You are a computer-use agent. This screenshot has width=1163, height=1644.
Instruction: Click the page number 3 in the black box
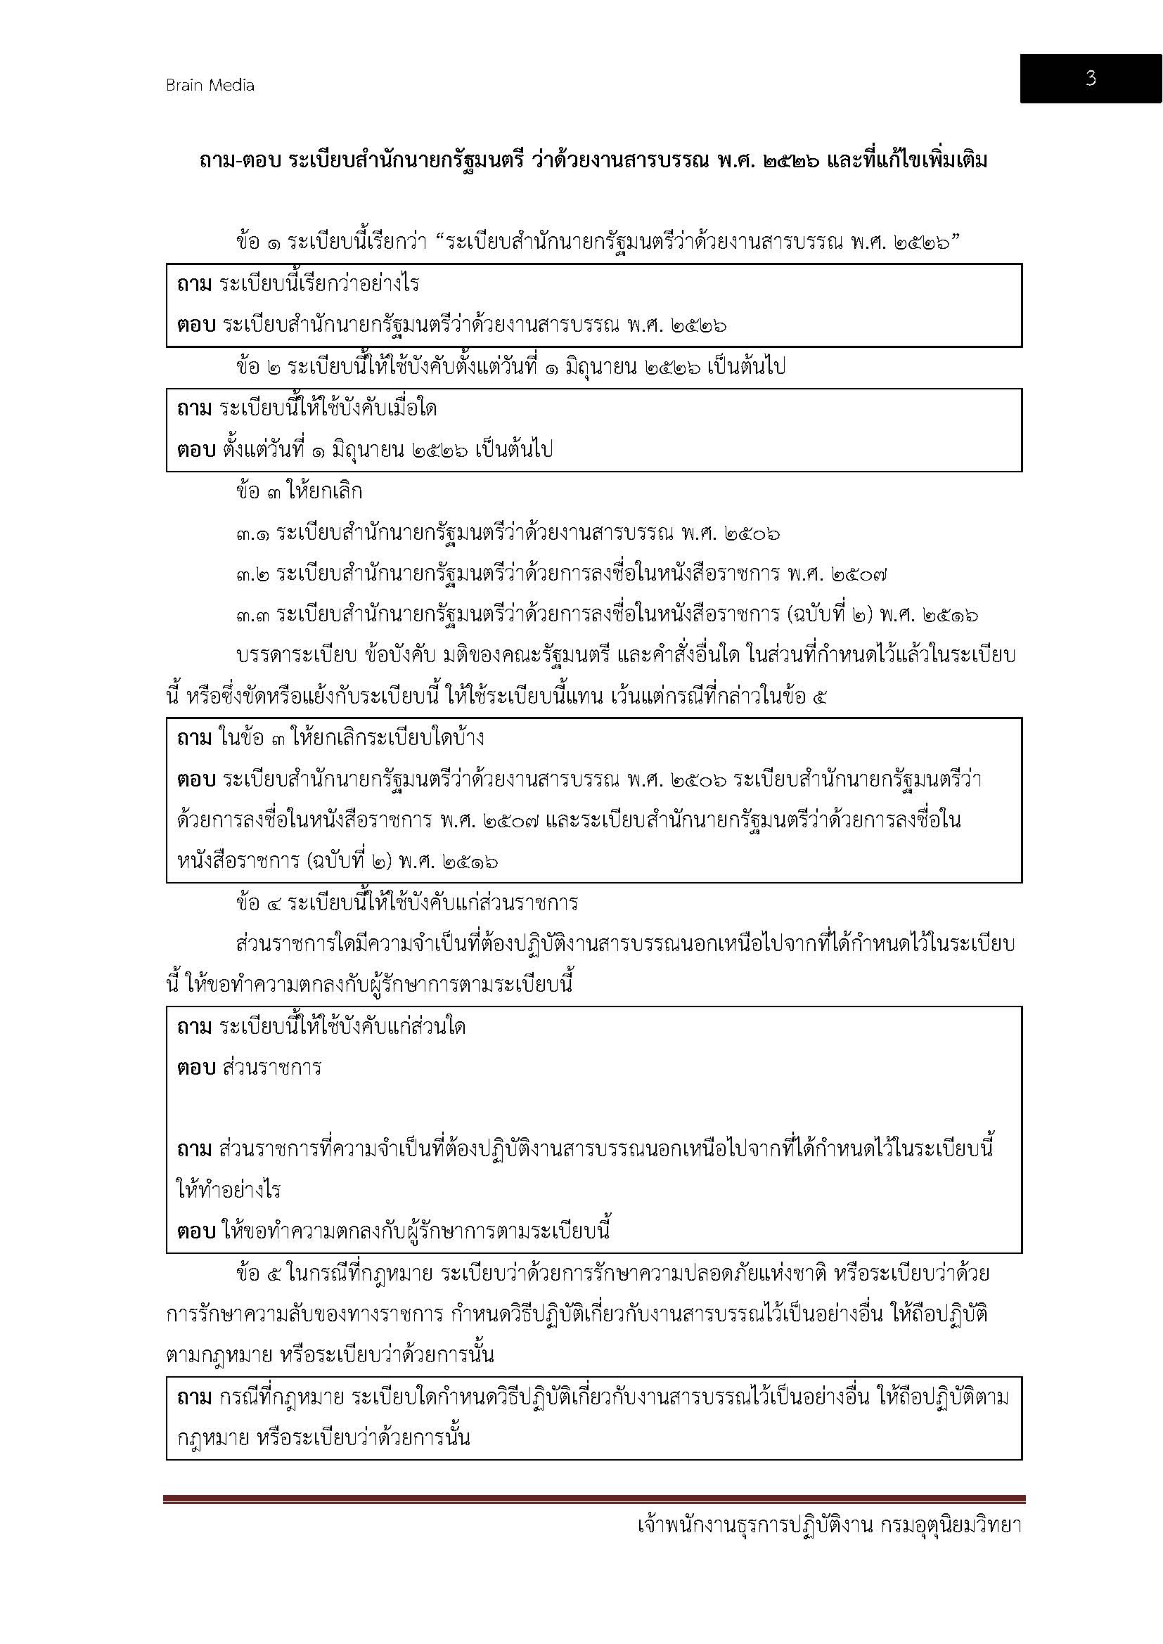tap(1090, 78)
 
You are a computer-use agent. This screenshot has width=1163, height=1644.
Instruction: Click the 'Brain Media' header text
tap(210, 85)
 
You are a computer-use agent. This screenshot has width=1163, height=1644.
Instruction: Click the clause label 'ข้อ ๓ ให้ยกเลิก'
tap(299, 491)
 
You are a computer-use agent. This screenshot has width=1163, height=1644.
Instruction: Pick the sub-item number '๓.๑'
tap(253, 533)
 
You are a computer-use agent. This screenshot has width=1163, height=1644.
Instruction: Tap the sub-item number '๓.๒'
tap(253, 574)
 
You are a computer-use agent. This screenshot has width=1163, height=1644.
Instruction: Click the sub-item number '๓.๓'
tap(253, 614)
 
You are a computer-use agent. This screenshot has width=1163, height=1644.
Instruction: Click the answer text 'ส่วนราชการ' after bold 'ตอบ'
tap(272, 1068)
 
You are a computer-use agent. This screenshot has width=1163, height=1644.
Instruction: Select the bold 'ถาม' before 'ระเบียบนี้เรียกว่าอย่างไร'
tap(194, 284)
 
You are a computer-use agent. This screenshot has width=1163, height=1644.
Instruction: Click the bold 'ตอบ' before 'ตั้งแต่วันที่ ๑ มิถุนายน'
tap(196, 450)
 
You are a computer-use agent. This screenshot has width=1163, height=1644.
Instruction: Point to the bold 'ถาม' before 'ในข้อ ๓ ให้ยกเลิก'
tap(194, 737)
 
